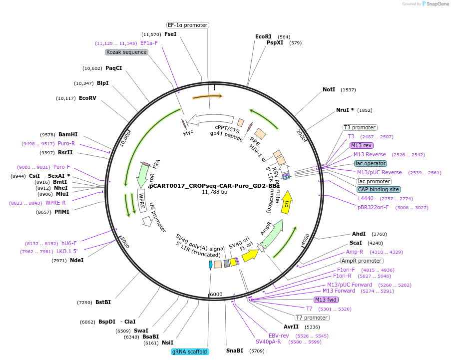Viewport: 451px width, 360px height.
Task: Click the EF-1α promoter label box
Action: [x=187, y=25]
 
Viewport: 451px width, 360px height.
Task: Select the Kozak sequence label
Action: [x=126, y=52]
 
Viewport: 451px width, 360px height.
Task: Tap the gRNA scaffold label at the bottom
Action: [x=190, y=352]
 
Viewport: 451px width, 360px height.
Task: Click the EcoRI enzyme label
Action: [x=263, y=36]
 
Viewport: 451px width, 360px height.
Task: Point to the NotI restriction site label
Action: [x=329, y=89]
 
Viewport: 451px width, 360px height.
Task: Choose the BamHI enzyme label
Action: [x=68, y=134]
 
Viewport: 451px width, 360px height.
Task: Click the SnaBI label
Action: [x=234, y=351]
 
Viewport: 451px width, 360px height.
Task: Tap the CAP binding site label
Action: [x=378, y=189]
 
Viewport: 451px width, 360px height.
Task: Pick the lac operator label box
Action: [x=370, y=163]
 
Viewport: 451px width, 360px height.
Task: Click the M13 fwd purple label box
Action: [x=326, y=300]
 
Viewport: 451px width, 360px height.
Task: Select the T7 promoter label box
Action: [x=312, y=318]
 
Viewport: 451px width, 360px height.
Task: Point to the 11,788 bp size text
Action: [x=214, y=192]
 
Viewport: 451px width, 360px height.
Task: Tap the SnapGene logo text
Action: [x=437, y=4]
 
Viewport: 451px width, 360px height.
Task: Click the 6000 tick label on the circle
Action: [x=216, y=294]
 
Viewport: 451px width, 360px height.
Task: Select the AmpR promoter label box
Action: [x=362, y=261]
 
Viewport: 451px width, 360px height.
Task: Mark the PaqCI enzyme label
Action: [x=114, y=68]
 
